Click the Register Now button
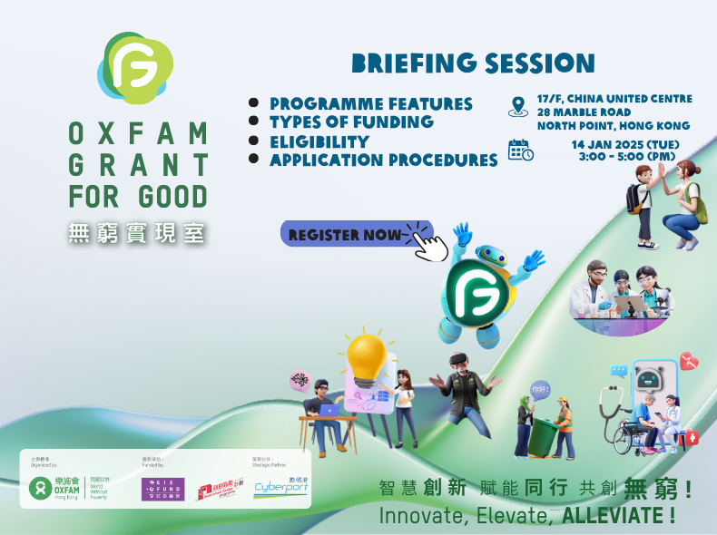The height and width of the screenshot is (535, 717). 345,235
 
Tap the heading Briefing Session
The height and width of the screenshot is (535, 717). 473,63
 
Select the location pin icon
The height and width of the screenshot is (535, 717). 518,106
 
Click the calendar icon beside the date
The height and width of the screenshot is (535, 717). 520,151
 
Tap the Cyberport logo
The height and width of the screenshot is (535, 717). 280,486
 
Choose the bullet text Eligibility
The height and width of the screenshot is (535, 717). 319,141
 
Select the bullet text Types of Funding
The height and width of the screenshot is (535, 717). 351,122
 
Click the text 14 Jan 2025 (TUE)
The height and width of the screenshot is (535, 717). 625,145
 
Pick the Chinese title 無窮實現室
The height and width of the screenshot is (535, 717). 137,234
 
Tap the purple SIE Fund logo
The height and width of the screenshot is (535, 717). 162,489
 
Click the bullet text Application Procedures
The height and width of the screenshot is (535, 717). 383,160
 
